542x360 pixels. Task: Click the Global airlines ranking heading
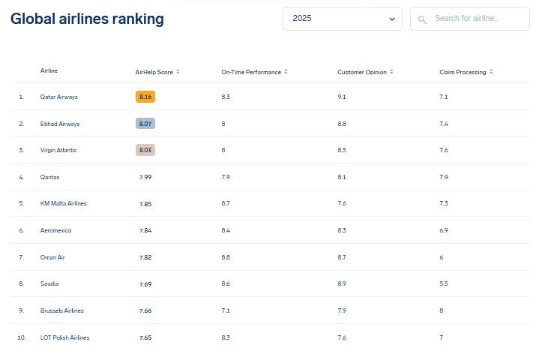(87, 19)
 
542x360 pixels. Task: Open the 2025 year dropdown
(342, 19)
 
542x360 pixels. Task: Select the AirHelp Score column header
(154, 72)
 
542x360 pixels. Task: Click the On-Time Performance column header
(251, 72)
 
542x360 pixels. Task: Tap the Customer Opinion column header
(362, 72)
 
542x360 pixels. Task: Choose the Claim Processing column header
(463, 72)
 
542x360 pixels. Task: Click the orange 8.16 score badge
(145, 97)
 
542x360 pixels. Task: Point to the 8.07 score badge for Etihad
(145, 124)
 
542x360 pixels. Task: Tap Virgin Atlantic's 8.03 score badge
(145, 150)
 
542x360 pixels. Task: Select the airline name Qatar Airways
(58, 97)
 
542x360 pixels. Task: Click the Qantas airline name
(49, 177)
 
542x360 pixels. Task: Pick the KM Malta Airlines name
(63, 204)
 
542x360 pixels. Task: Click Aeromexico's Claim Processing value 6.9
(444, 230)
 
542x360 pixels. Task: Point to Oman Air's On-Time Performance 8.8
(226, 257)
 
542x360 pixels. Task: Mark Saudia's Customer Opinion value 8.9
(342, 284)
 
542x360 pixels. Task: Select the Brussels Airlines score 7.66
(145, 310)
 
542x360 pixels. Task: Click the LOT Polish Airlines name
(64, 337)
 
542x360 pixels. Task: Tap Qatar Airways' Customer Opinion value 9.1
(342, 97)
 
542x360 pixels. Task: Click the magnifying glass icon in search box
(423, 19)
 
